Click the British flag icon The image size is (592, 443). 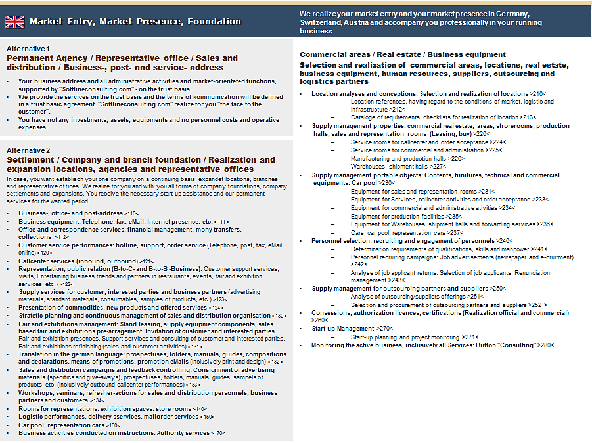[x=14, y=22]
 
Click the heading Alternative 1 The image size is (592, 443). [x=28, y=49]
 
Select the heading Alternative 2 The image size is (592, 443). [x=28, y=151]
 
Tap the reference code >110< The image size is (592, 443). [x=131, y=213]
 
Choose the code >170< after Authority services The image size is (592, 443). [x=218, y=433]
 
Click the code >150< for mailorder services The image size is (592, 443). [x=208, y=417]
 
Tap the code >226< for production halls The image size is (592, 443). [x=455, y=158]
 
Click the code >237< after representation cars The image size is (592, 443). [x=455, y=232]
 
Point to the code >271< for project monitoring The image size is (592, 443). [x=469, y=337]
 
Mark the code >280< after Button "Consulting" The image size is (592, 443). [x=545, y=345]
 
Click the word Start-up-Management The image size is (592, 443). [x=342, y=328]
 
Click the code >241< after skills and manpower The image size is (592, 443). [x=539, y=249]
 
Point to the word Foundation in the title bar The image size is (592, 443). [x=217, y=22]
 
